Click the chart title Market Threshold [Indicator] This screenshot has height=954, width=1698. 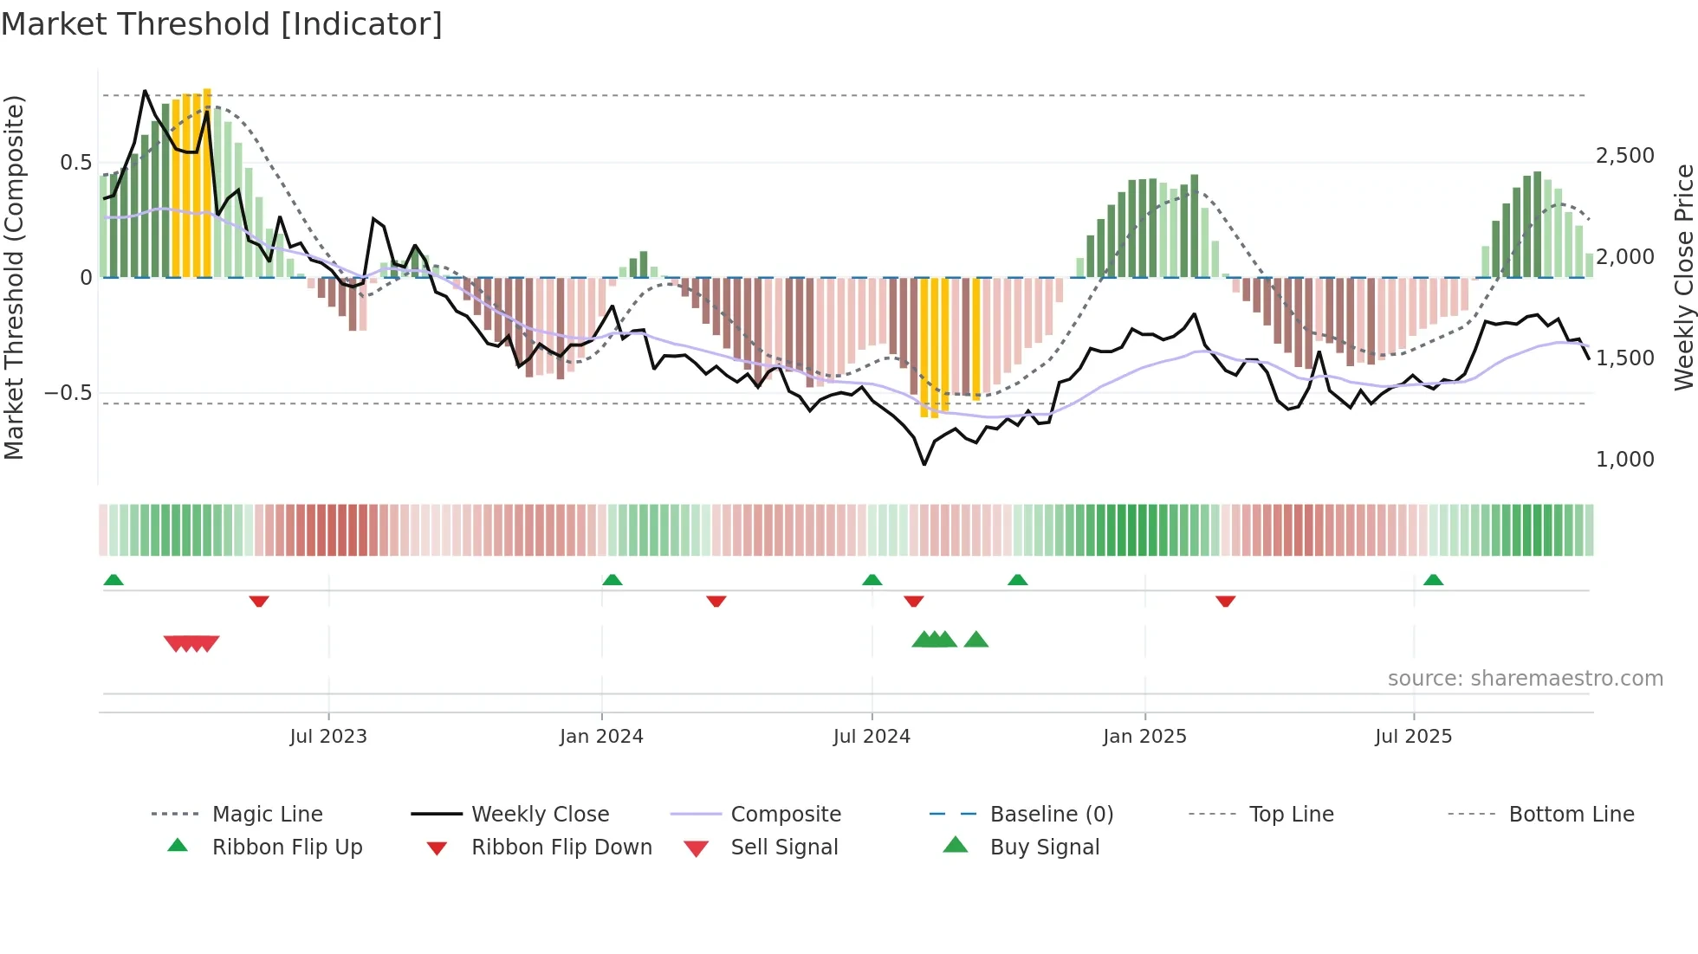pos(222,24)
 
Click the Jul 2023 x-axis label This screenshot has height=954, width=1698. pos(328,737)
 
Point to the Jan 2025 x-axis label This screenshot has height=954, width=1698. pos(1144,737)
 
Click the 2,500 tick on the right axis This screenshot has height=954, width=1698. pos(1624,156)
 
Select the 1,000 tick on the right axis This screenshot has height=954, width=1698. pos(1624,460)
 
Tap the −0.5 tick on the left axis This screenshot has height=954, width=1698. pos(68,393)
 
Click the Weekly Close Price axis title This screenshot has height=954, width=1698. pos(1683,277)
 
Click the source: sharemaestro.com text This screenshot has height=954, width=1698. pos(1525,679)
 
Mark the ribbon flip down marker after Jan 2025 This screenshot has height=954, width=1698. pos(1225,601)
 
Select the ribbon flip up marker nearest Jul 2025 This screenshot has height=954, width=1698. pos(1433,580)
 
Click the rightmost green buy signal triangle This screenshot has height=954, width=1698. pos(976,640)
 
